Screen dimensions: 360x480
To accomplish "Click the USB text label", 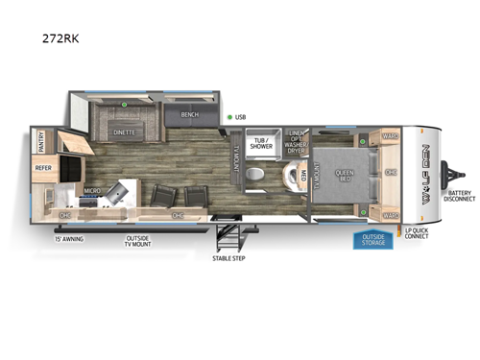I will click(x=241, y=118).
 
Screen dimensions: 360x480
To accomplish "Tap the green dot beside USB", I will click(x=228, y=118).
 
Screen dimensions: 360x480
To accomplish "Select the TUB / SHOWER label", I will click(x=260, y=145).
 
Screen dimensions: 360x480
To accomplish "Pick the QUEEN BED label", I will click(x=345, y=175).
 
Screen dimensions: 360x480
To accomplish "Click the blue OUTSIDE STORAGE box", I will click(x=374, y=239).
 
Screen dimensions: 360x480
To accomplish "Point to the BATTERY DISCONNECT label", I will click(x=459, y=197).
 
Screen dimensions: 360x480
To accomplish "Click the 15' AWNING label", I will click(x=70, y=237).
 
